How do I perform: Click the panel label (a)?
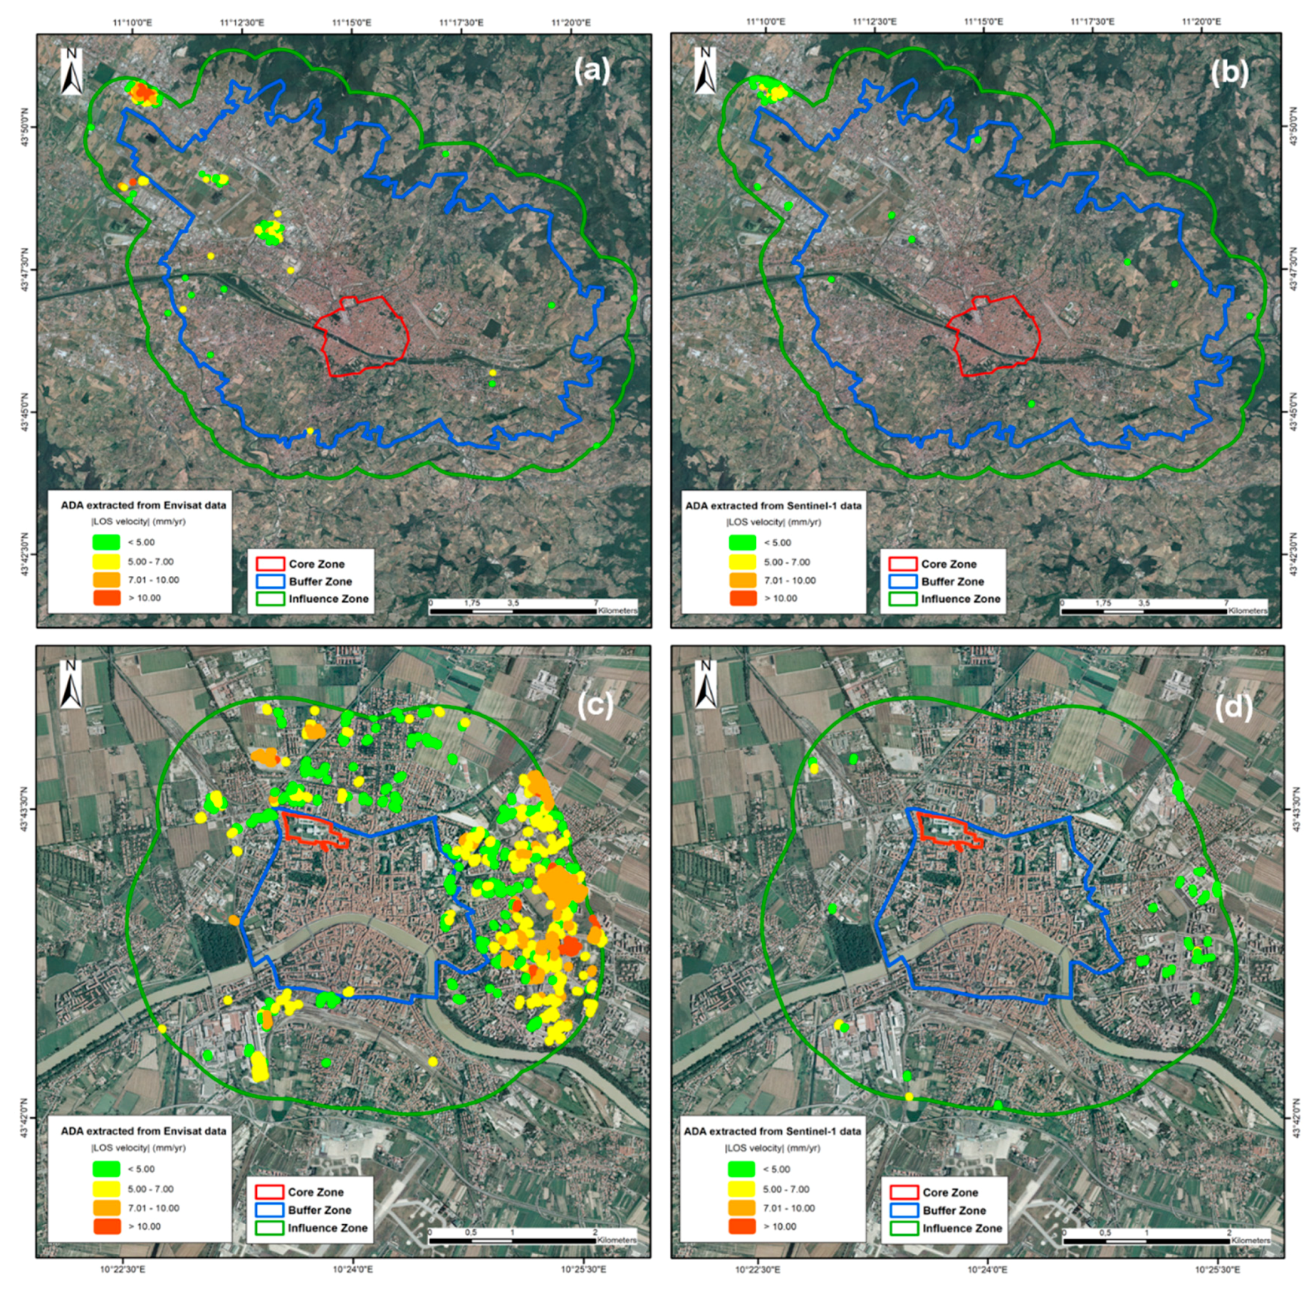592,71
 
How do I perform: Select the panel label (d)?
1232,706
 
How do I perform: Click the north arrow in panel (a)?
71,71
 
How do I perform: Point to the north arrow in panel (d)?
706,683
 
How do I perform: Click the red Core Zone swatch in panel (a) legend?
269,564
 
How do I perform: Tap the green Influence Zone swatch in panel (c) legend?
269,1227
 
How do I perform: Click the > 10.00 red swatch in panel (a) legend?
106,598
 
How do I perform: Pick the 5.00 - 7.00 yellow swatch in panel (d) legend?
742,1188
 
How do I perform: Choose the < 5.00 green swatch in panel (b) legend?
742,543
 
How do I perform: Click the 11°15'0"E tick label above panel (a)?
352,22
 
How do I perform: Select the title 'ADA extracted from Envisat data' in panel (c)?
143,1131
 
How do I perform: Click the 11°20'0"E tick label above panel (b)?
1201,22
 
